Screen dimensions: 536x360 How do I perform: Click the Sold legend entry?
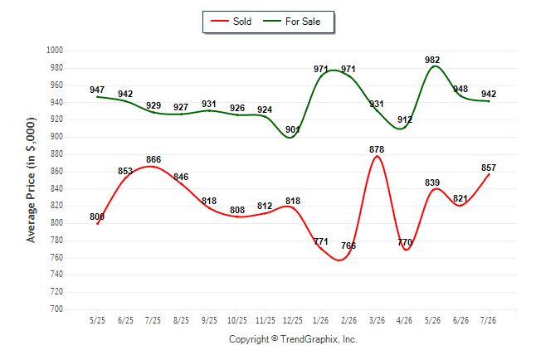[x=231, y=22]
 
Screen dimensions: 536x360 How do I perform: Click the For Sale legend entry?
[x=292, y=22]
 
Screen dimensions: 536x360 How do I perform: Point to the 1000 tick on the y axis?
[x=55, y=51]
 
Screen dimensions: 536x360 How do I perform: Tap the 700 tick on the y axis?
[x=56, y=309]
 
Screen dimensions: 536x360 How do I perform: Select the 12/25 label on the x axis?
[x=293, y=320]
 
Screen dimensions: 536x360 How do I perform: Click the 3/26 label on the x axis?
[x=377, y=320]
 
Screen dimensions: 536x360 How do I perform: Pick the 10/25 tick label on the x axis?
[x=237, y=320]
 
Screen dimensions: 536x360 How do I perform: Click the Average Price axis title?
[x=31, y=180]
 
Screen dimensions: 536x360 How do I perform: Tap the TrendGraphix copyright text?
[x=293, y=339]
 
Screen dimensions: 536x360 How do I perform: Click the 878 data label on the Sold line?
[x=377, y=149]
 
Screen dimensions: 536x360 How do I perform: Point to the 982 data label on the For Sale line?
[x=432, y=60]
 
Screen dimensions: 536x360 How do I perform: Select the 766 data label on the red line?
[x=348, y=246]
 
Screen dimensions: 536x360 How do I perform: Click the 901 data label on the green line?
[x=293, y=129]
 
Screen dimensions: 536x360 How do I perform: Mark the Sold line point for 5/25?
[x=98, y=224]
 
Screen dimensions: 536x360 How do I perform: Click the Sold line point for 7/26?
[x=489, y=175]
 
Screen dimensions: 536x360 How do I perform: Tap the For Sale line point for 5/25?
[x=98, y=97]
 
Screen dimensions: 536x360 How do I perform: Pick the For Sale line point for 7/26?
[x=489, y=101]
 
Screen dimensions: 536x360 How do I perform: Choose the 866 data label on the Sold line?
[x=153, y=159]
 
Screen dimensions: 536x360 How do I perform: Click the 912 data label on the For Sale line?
[x=405, y=119]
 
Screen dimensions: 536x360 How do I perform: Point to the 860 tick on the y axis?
[x=56, y=171]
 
